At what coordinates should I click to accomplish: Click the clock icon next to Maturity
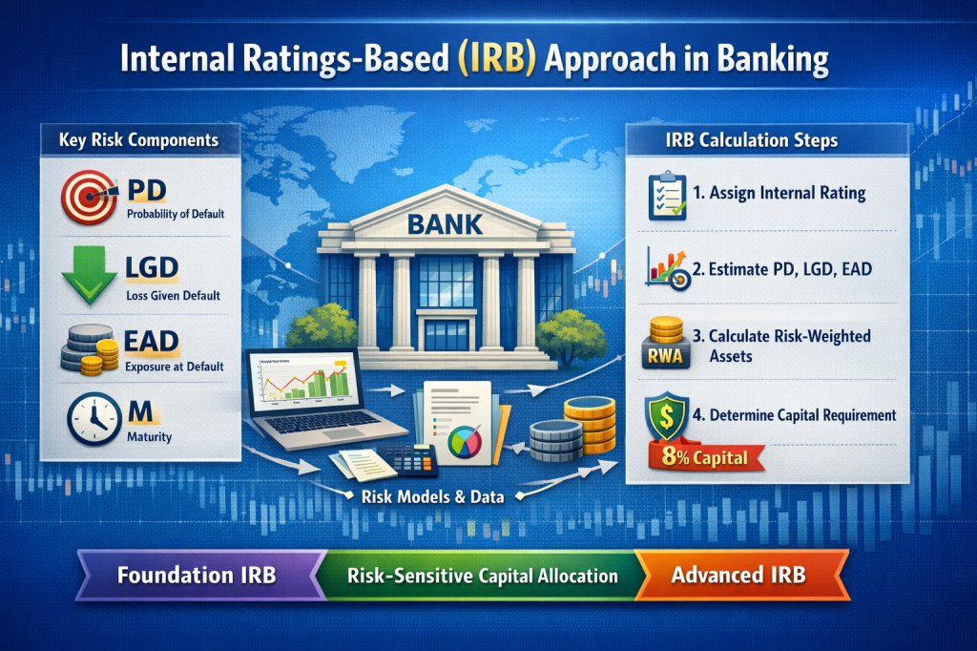click(x=92, y=417)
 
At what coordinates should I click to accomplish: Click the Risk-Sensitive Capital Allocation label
click(x=482, y=577)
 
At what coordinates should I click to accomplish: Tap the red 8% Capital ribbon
click(x=705, y=456)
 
